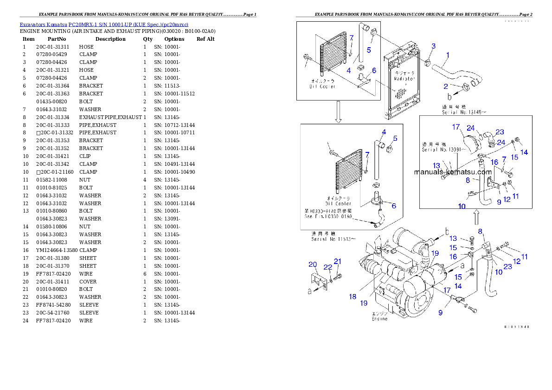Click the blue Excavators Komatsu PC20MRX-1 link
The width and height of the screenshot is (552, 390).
[104, 24]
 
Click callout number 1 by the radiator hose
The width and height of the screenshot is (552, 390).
[448, 55]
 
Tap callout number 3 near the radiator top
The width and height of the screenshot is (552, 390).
[433, 46]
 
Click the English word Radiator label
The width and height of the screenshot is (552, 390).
[404, 79]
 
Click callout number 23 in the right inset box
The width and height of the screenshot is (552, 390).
[500, 132]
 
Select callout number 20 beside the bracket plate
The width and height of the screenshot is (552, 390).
[313, 264]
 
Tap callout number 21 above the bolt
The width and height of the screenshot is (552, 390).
[338, 262]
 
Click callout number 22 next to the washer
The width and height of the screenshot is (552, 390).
[328, 267]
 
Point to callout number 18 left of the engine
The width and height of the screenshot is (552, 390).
[353, 297]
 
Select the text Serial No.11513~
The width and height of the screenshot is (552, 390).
[334, 239]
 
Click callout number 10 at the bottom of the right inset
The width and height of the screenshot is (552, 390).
[462, 206]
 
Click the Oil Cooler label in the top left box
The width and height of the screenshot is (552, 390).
[323, 86]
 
